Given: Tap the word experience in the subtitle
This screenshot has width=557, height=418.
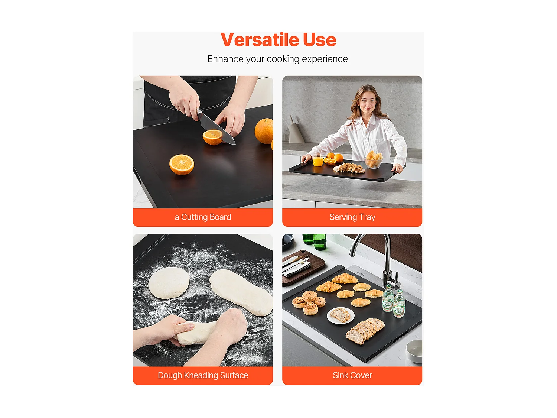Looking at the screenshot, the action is pyautogui.click(x=325, y=59).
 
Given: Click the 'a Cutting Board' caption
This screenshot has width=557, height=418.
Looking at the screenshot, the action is pyautogui.click(x=203, y=217).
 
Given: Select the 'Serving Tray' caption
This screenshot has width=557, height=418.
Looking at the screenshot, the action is pyautogui.click(x=352, y=217).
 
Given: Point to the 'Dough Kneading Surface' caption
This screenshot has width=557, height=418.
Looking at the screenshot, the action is pyautogui.click(x=203, y=375).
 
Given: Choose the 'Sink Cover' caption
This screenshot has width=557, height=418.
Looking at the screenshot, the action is pyautogui.click(x=352, y=375).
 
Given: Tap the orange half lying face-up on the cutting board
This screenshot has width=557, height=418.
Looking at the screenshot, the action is pyautogui.click(x=182, y=165).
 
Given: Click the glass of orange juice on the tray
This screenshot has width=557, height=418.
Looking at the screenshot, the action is pyautogui.click(x=318, y=160).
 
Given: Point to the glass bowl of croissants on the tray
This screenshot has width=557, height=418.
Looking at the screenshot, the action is pyautogui.click(x=373, y=160).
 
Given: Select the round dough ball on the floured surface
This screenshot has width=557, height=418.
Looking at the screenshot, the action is pyautogui.click(x=169, y=283).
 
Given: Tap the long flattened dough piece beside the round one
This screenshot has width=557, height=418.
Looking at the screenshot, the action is pyautogui.click(x=241, y=292).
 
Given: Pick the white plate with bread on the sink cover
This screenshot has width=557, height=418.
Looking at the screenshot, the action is pyautogui.click(x=340, y=315).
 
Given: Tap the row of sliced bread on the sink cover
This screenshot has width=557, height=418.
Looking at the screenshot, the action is pyautogui.click(x=365, y=331).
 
